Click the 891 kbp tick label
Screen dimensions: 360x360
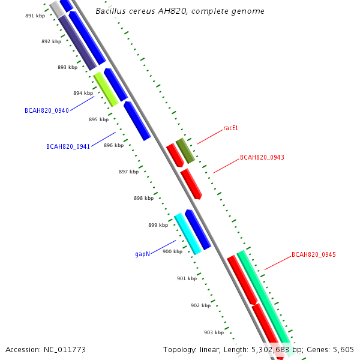(x=35, y=16)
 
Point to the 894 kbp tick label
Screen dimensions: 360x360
(x=83, y=93)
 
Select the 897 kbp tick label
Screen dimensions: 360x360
(x=128, y=172)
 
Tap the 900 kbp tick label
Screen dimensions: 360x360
(x=172, y=251)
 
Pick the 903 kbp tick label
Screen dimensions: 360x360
(x=214, y=332)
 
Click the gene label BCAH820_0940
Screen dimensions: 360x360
(x=46, y=110)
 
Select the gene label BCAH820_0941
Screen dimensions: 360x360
(x=68, y=146)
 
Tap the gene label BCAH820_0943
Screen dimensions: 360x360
(x=262, y=158)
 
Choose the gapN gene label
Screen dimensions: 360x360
(x=142, y=254)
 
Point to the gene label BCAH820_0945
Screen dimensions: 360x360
(x=313, y=255)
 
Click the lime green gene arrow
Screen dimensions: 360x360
(x=106, y=89)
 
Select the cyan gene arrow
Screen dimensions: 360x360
(x=188, y=234)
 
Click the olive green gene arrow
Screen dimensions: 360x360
(x=185, y=151)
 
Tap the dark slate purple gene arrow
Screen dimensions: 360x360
(x=77, y=43)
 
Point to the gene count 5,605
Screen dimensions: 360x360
(x=343, y=349)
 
